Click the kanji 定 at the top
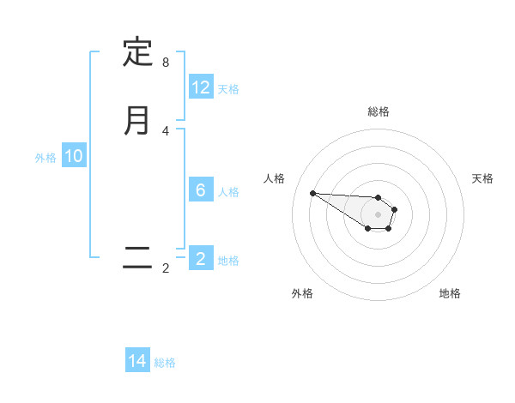point(137,52)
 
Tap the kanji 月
point(137,120)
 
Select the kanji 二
point(137,258)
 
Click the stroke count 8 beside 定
point(166,63)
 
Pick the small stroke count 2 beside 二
point(166,268)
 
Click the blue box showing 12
point(201,87)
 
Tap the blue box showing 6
point(201,190)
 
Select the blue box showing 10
point(74,156)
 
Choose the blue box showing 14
point(137,361)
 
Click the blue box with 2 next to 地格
point(201,259)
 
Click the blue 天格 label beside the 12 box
point(228,88)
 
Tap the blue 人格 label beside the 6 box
point(228,191)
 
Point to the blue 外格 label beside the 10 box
point(45,157)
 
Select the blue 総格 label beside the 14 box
point(165,362)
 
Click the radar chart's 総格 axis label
point(379,111)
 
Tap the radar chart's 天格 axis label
point(482,178)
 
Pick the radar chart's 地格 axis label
point(450,293)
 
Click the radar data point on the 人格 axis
point(312,193)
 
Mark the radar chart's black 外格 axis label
point(302,293)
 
